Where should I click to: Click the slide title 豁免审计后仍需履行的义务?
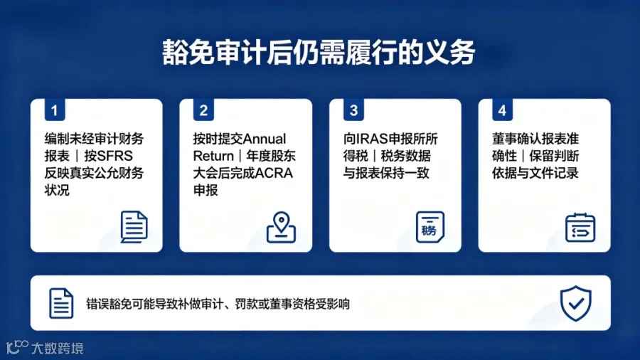click(319, 52)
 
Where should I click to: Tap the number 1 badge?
click(55, 110)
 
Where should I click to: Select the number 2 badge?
click(203, 110)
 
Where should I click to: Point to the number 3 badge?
click(353, 110)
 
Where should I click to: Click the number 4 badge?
click(503, 110)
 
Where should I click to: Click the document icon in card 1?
click(134, 227)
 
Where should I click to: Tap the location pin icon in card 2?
click(281, 227)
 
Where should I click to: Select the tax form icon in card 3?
click(430, 227)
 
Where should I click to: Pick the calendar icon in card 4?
click(580, 228)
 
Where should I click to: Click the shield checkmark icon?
click(575, 303)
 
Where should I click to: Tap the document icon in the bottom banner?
click(61, 303)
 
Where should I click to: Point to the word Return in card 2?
click(213, 156)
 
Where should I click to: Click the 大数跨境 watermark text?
click(57, 348)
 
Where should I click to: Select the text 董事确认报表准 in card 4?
click(535, 139)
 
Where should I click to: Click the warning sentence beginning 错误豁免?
click(218, 304)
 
